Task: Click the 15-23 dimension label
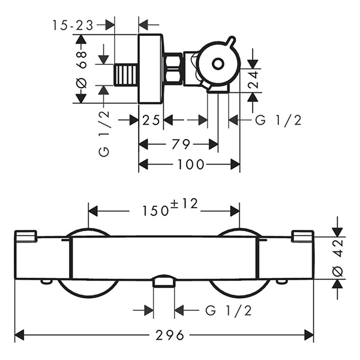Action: [x=73, y=25]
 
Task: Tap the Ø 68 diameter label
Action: [x=82, y=70]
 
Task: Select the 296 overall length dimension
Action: [x=170, y=335]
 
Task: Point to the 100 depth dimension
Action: [x=191, y=164]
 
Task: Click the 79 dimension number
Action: [x=181, y=145]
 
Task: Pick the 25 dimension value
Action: [x=151, y=120]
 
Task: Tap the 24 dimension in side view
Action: [x=253, y=80]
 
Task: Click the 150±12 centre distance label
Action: [x=170, y=208]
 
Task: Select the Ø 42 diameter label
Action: [x=338, y=257]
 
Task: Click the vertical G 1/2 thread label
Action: [x=104, y=134]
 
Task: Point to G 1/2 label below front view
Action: [x=229, y=311]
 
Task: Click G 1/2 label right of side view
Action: [x=278, y=120]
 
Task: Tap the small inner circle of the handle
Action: [x=218, y=64]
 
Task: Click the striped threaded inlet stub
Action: [x=126, y=75]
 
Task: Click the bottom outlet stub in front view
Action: [x=164, y=281]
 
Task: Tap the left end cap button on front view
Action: [x=26, y=236]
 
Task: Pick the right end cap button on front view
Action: [x=302, y=236]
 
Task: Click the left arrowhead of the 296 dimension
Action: [x=20, y=335]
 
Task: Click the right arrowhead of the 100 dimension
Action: [x=235, y=164]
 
